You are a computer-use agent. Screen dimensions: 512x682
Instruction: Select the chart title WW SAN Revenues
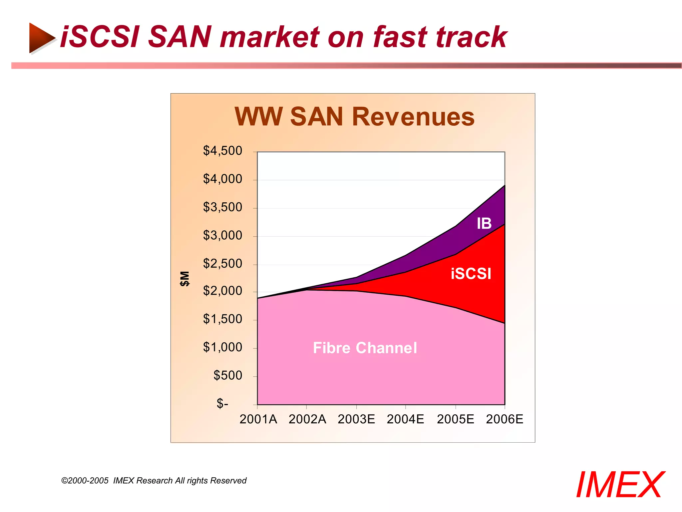pyautogui.click(x=354, y=117)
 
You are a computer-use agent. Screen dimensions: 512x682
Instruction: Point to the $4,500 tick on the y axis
pyautogui.click(x=222, y=151)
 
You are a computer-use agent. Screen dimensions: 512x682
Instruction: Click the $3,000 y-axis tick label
pyautogui.click(x=222, y=235)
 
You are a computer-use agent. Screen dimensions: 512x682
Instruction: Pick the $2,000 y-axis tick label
pyautogui.click(x=222, y=291)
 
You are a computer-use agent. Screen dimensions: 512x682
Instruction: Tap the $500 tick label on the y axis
pyautogui.click(x=228, y=375)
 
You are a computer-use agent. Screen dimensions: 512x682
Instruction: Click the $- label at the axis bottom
pyautogui.click(x=222, y=404)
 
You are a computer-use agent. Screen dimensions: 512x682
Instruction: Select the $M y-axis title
pyautogui.click(x=184, y=278)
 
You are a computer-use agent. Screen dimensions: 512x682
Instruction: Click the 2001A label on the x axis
pyautogui.click(x=258, y=419)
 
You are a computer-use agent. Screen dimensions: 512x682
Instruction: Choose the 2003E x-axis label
pyautogui.click(x=356, y=419)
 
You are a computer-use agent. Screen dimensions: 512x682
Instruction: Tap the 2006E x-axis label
pyautogui.click(x=505, y=419)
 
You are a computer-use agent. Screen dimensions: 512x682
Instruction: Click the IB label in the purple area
pyautogui.click(x=484, y=223)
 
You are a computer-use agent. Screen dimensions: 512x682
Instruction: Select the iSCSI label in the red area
pyautogui.click(x=471, y=274)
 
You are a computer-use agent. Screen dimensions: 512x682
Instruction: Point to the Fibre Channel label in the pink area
pyautogui.click(x=365, y=348)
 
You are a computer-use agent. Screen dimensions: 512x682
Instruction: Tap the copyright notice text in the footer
pyautogui.click(x=154, y=480)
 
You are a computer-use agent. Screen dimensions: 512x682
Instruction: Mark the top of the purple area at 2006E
pyautogui.click(x=505, y=185)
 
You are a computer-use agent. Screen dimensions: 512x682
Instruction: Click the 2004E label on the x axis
pyautogui.click(x=405, y=419)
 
